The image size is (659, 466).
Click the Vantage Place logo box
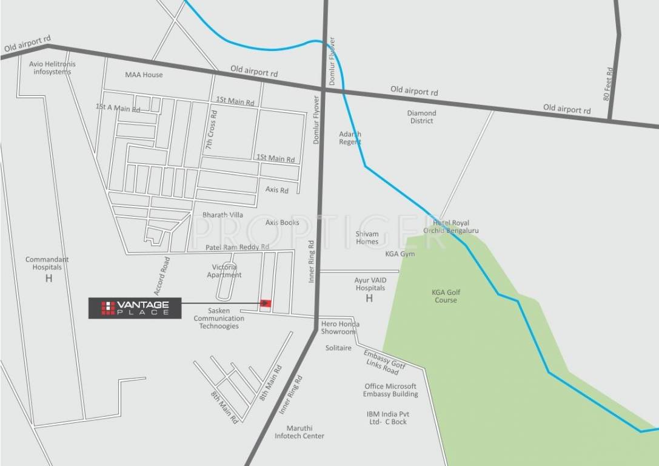(134, 308)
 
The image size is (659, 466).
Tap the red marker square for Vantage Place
(265, 303)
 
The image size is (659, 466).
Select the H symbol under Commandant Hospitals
(49, 279)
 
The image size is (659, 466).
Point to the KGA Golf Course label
(446, 296)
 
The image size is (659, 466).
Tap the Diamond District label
(421, 117)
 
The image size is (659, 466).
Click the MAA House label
(144, 75)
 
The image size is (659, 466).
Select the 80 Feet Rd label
(609, 84)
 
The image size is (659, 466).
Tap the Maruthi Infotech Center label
(299, 432)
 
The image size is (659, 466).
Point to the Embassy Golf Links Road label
(383, 362)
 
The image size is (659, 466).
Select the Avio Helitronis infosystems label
(53, 68)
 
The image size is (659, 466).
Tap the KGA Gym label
(400, 254)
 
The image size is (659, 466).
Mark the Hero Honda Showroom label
(338, 328)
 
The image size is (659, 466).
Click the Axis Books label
(282, 223)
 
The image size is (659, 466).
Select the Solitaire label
(338, 348)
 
